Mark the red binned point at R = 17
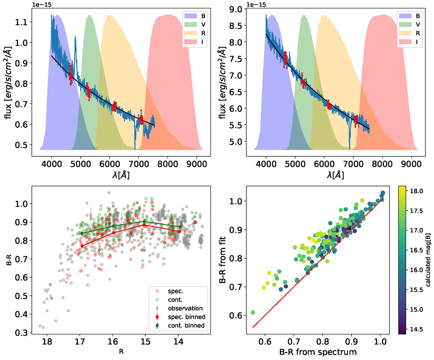click(x=82, y=246)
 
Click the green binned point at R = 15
click(x=144, y=221)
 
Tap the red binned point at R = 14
click(x=179, y=232)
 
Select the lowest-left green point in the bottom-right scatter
click(x=253, y=312)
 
